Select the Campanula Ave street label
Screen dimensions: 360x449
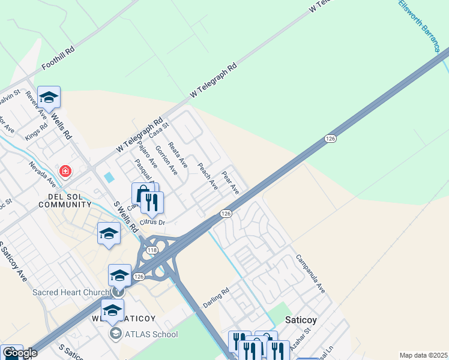tap(310, 273)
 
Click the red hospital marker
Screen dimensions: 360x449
tap(65, 172)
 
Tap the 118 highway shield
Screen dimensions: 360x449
tap(152, 250)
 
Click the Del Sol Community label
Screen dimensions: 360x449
tap(64, 200)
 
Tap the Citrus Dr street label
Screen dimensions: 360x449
tap(152, 222)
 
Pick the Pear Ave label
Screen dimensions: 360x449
tap(231, 182)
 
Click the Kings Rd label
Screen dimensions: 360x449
tap(36, 133)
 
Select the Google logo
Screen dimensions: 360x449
tap(20, 353)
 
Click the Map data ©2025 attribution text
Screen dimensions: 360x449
tap(423, 355)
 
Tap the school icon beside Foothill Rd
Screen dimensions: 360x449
tap(49, 98)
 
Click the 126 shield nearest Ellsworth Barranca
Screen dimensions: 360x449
tap(330, 139)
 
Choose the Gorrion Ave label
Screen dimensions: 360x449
tap(166, 160)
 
